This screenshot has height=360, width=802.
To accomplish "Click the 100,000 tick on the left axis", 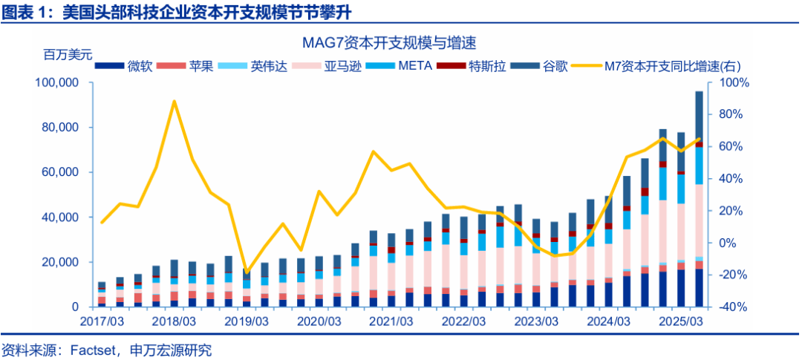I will click(59, 82).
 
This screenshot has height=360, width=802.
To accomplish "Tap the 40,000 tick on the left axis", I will click(62, 217).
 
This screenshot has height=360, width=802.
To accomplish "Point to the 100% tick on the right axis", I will click(728, 82).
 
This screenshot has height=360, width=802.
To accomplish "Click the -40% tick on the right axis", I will click(728, 307).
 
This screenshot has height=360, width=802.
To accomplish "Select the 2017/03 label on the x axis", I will click(101, 321).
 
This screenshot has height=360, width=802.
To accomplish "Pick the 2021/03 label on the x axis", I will click(391, 321).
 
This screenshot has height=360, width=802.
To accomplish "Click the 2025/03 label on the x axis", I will click(681, 321).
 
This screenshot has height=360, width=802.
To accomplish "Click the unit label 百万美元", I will click(68, 54).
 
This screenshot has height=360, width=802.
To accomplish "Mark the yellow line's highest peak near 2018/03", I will click(174, 101).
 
